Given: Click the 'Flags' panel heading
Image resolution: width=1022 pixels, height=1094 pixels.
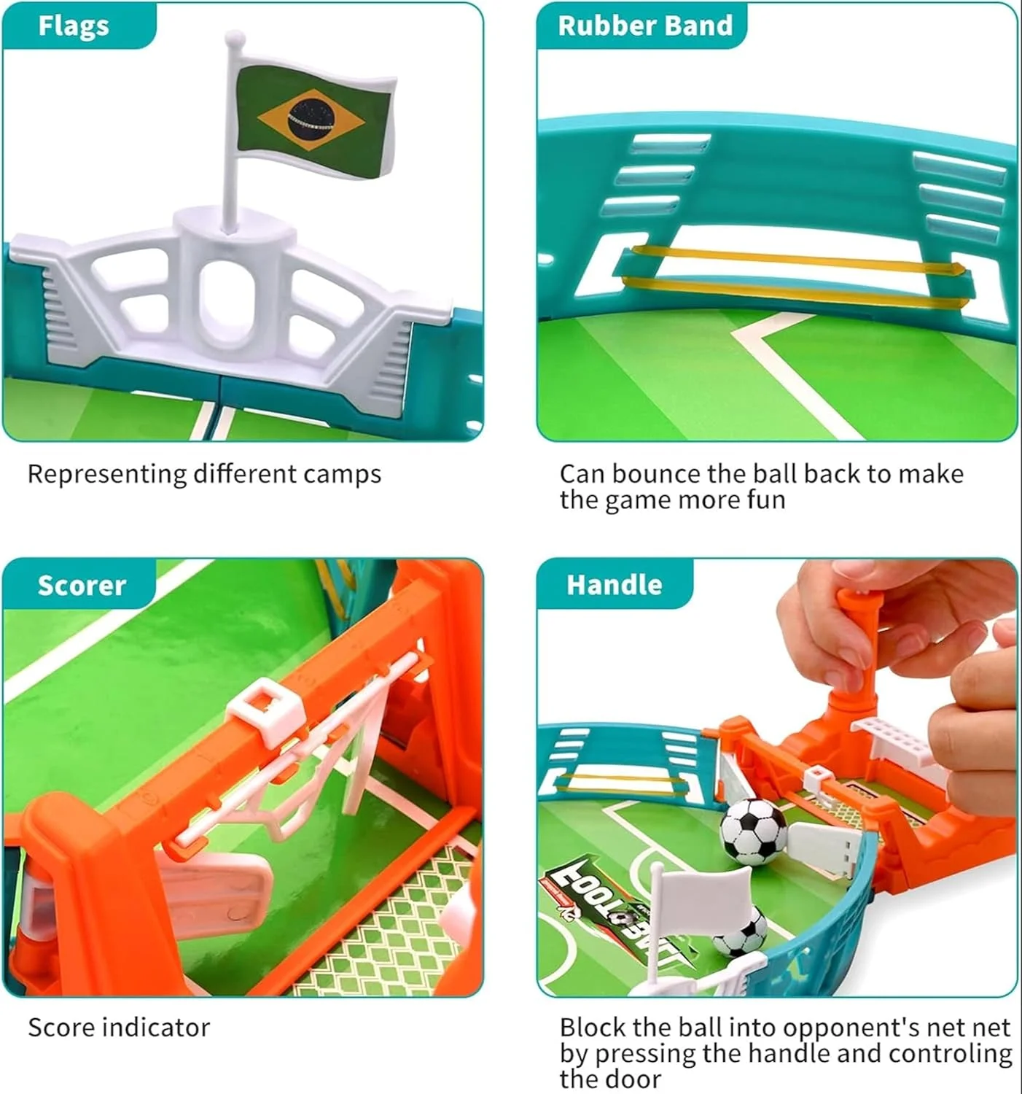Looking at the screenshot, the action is click(74, 26).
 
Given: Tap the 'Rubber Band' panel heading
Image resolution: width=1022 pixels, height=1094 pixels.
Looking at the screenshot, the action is click(645, 26).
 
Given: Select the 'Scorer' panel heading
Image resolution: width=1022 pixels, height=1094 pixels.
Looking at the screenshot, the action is click(82, 585).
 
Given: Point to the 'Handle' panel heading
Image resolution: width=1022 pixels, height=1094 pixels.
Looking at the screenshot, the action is click(615, 584).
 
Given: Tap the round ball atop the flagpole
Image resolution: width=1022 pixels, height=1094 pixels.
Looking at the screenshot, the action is click(235, 39).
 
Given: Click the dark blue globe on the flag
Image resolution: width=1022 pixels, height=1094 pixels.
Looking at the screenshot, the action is click(311, 118).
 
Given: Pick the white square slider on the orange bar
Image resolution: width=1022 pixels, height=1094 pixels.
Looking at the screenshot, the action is click(266, 711).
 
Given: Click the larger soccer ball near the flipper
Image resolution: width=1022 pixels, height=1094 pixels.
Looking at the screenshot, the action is click(753, 831).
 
